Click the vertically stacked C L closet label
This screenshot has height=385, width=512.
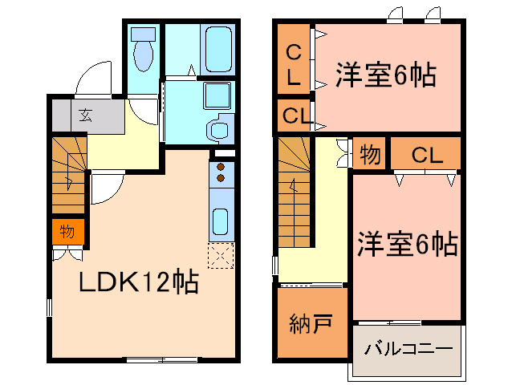(294, 66)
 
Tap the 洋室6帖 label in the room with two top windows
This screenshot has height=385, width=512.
(385, 75)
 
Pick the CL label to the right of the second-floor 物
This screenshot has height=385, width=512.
(427, 155)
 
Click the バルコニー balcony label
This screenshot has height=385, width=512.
(409, 349)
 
